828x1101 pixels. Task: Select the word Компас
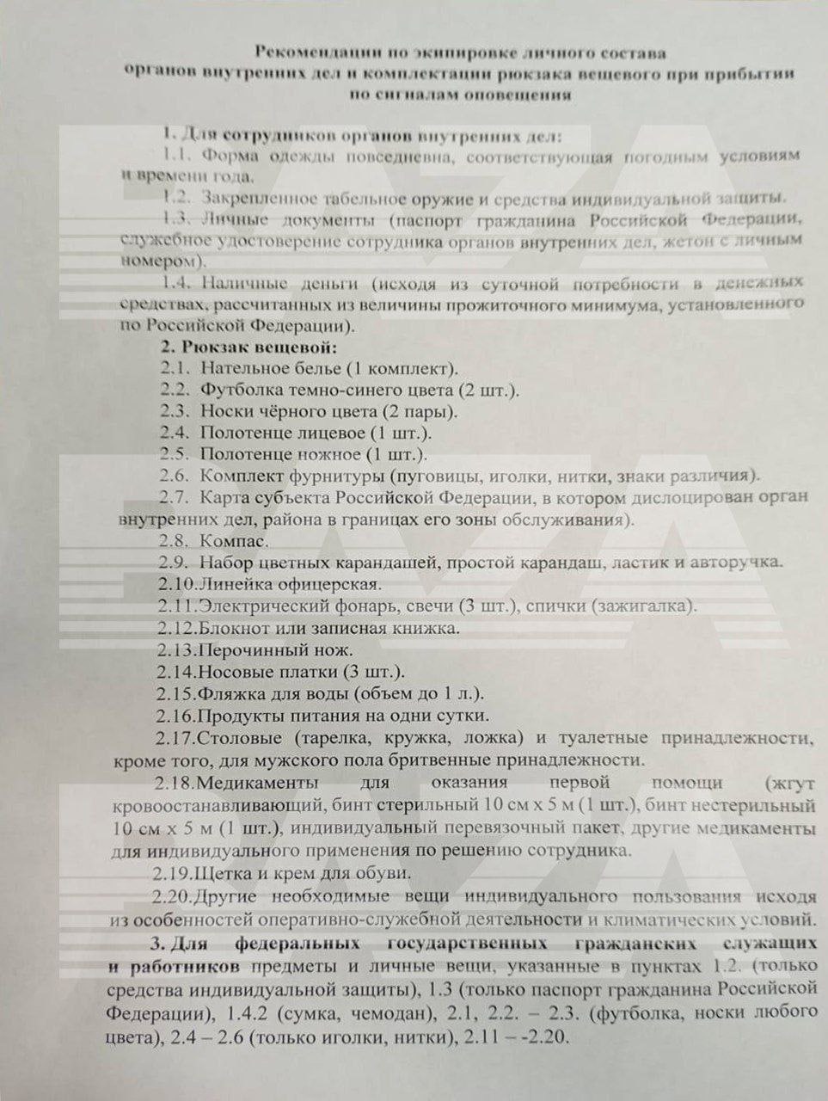(x=234, y=541)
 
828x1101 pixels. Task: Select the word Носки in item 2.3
(x=224, y=411)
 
